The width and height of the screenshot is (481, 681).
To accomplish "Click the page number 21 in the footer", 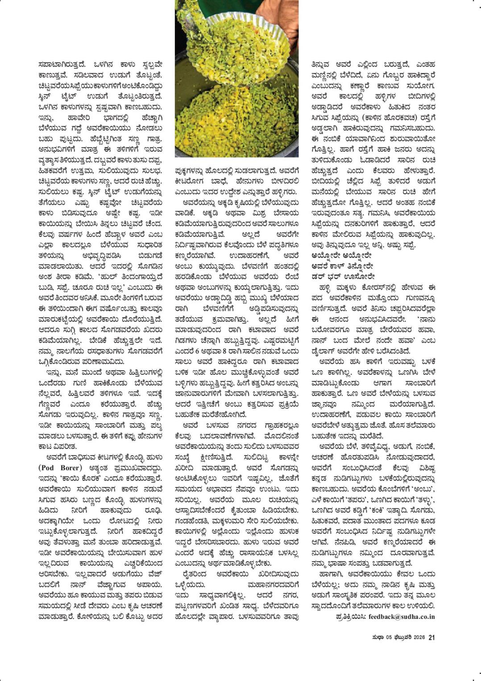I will pos(431,637).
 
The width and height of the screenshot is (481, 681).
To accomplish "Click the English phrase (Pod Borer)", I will pos(60,468).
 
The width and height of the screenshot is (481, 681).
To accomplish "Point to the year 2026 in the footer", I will pos(419,637).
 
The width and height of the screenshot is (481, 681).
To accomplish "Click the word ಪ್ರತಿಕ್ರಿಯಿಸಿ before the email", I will pos(350,617).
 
